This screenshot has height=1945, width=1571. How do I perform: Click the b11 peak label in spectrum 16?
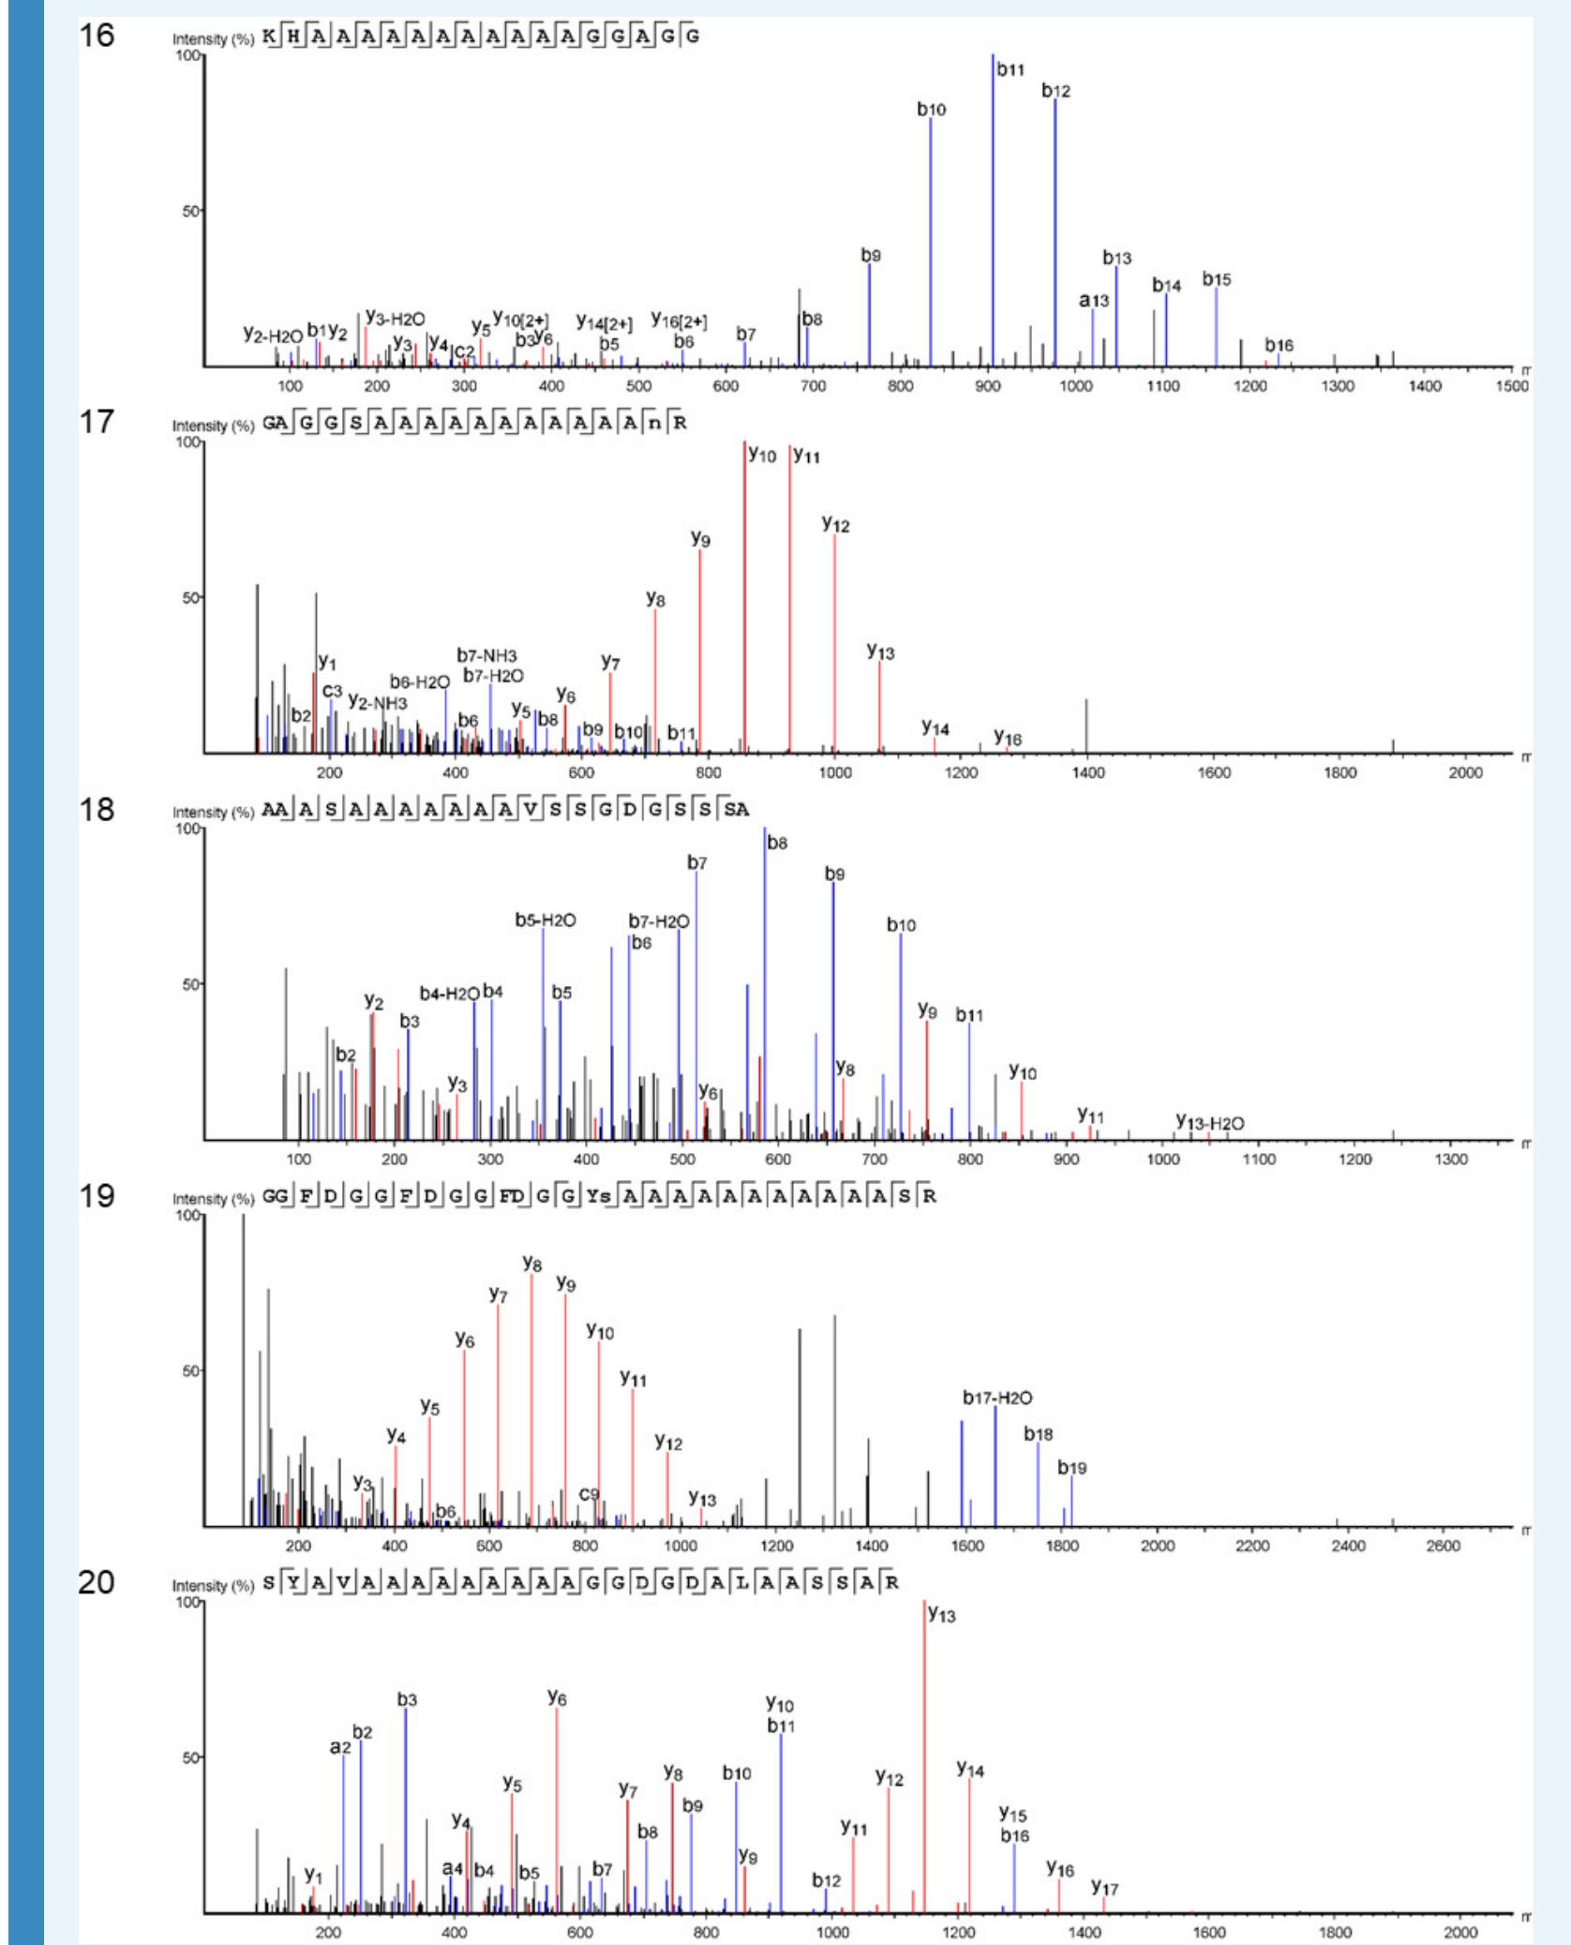point(1010,69)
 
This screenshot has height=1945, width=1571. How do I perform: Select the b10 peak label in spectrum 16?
point(931,110)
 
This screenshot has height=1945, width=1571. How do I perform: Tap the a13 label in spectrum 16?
point(1093,301)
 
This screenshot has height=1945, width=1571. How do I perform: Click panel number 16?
point(97,36)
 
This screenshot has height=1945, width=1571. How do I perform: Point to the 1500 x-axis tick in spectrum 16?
point(1510,386)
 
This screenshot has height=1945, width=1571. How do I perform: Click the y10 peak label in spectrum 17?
point(762,456)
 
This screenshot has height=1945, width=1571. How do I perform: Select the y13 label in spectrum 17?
point(880,651)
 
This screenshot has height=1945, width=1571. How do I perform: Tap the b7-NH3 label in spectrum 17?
point(486,655)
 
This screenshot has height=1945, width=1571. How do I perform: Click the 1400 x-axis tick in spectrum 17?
point(1087,772)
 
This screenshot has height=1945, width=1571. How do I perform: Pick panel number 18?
point(97,809)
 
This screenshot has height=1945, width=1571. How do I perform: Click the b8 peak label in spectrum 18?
point(777,843)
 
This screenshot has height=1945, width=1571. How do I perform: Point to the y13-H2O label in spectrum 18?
point(1210,1123)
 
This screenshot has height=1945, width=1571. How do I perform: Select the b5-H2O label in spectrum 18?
point(545,920)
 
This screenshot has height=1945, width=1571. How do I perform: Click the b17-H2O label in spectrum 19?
point(997,1398)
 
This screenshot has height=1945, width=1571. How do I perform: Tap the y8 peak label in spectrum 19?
point(531,1264)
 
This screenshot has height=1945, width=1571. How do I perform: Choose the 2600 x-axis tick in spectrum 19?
point(1443,1546)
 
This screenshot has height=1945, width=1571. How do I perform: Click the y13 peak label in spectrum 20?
point(941,1615)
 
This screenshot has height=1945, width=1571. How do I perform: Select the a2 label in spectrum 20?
point(340,1747)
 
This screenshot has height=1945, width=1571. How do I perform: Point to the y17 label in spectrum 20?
point(1104,1888)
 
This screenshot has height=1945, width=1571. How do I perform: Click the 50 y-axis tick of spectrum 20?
point(190,1758)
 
